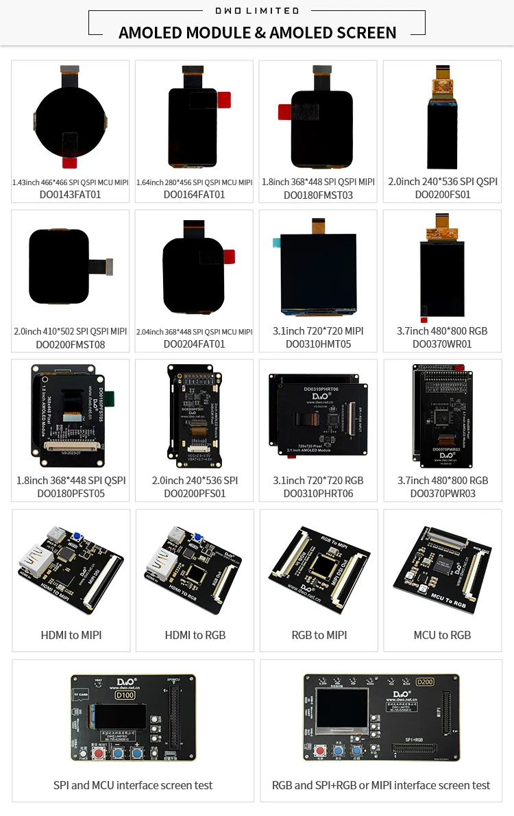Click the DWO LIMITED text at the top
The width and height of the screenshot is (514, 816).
pyautogui.click(x=257, y=10)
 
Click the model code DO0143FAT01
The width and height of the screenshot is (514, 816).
pyautogui.click(x=71, y=195)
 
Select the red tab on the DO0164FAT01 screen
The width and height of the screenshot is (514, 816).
pyautogui.click(x=224, y=99)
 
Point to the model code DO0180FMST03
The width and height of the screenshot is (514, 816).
pyautogui.click(x=318, y=195)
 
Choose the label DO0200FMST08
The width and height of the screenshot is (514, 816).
pyautogui.click(x=71, y=344)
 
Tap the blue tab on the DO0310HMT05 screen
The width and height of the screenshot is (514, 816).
pyautogui.click(x=277, y=242)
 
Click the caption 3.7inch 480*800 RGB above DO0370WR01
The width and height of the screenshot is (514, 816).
pyautogui.click(x=442, y=331)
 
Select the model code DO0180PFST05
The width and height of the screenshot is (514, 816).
pyautogui.click(x=71, y=494)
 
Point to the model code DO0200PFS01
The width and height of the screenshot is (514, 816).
pyautogui.click(x=195, y=494)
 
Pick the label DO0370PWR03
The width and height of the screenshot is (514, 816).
pyautogui.click(x=442, y=494)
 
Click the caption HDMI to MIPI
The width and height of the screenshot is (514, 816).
pyautogui.click(x=71, y=635)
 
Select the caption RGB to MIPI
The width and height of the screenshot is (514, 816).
pyautogui.click(x=319, y=635)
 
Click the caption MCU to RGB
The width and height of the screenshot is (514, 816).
pyautogui.click(x=442, y=635)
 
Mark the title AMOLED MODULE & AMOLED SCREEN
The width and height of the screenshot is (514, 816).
pyautogui.click(x=257, y=32)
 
